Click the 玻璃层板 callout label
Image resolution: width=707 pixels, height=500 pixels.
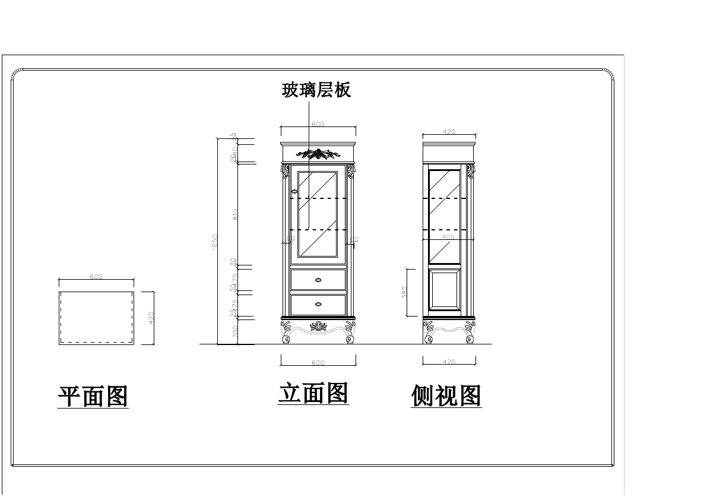[x=316, y=90]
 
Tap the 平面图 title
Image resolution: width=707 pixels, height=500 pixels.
[x=93, y=396]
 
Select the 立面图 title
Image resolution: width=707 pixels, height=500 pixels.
[x=313, y=393]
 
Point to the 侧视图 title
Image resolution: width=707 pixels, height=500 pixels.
[x=446, y=396]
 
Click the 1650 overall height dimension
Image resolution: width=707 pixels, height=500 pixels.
[x=215, y=241]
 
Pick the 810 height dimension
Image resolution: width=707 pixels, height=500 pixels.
[x=235, y=214]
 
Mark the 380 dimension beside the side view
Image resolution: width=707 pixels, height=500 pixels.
[x=404, y=292]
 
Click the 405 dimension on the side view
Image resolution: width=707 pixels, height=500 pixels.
[x=448, y=237]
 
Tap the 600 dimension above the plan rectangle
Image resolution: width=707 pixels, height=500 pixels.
[x=96, y=277]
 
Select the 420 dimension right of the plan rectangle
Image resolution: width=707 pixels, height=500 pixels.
[x=151, y=318]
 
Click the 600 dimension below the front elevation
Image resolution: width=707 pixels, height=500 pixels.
[x=318, y=363]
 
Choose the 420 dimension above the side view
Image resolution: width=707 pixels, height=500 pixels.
[x=449, y=132]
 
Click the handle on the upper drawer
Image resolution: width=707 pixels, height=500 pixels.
[x=319, y=280]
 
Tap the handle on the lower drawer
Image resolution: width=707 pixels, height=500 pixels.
[x=319, y=305]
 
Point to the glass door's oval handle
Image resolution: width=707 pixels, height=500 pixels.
[x=294, y=191]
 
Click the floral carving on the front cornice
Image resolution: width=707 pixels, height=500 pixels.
[x=319, y=154]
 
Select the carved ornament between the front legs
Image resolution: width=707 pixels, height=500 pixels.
[x=319, y=326]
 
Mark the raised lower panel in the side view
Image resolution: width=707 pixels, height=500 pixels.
[x=445, y=290]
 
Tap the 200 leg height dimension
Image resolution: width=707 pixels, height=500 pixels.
[x=235, y=331]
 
